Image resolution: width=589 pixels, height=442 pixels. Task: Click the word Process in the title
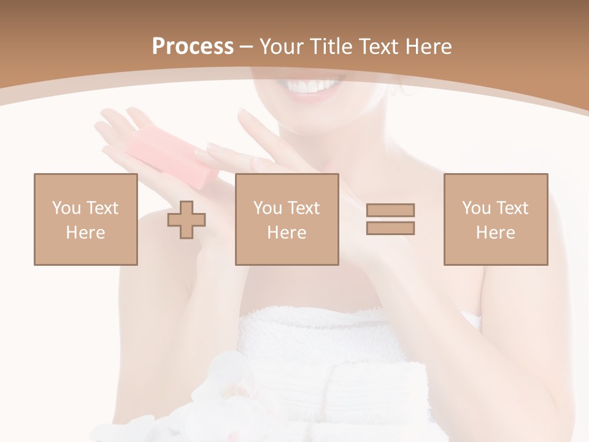[x=193, y=47]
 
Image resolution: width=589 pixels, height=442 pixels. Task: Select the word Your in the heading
[x=282, y=47]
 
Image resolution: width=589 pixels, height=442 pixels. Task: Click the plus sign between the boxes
[x=187, y=219]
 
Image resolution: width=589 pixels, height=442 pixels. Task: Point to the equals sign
[x=390, y=219]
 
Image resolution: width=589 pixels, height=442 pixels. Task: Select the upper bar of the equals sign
[x=390, y=210]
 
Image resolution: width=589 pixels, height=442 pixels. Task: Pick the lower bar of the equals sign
[x=390, y=228]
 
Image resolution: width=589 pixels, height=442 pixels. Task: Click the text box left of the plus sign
[x=85, y=219]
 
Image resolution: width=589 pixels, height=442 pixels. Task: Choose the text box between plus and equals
[x=287, y=219]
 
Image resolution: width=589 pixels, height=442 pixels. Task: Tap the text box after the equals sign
[x=495, y=219]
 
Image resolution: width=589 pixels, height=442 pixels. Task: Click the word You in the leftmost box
[x=66, y=208]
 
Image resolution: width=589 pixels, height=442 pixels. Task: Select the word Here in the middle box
[x=287, y=233]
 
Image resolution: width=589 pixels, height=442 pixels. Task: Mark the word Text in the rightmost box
[x=512, y=208]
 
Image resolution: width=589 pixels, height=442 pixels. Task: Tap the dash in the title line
[x=247, y=47]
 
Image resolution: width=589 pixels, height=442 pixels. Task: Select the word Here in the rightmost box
[x=495, y=233]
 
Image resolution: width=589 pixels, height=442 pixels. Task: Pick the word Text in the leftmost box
[x=102, y=208]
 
